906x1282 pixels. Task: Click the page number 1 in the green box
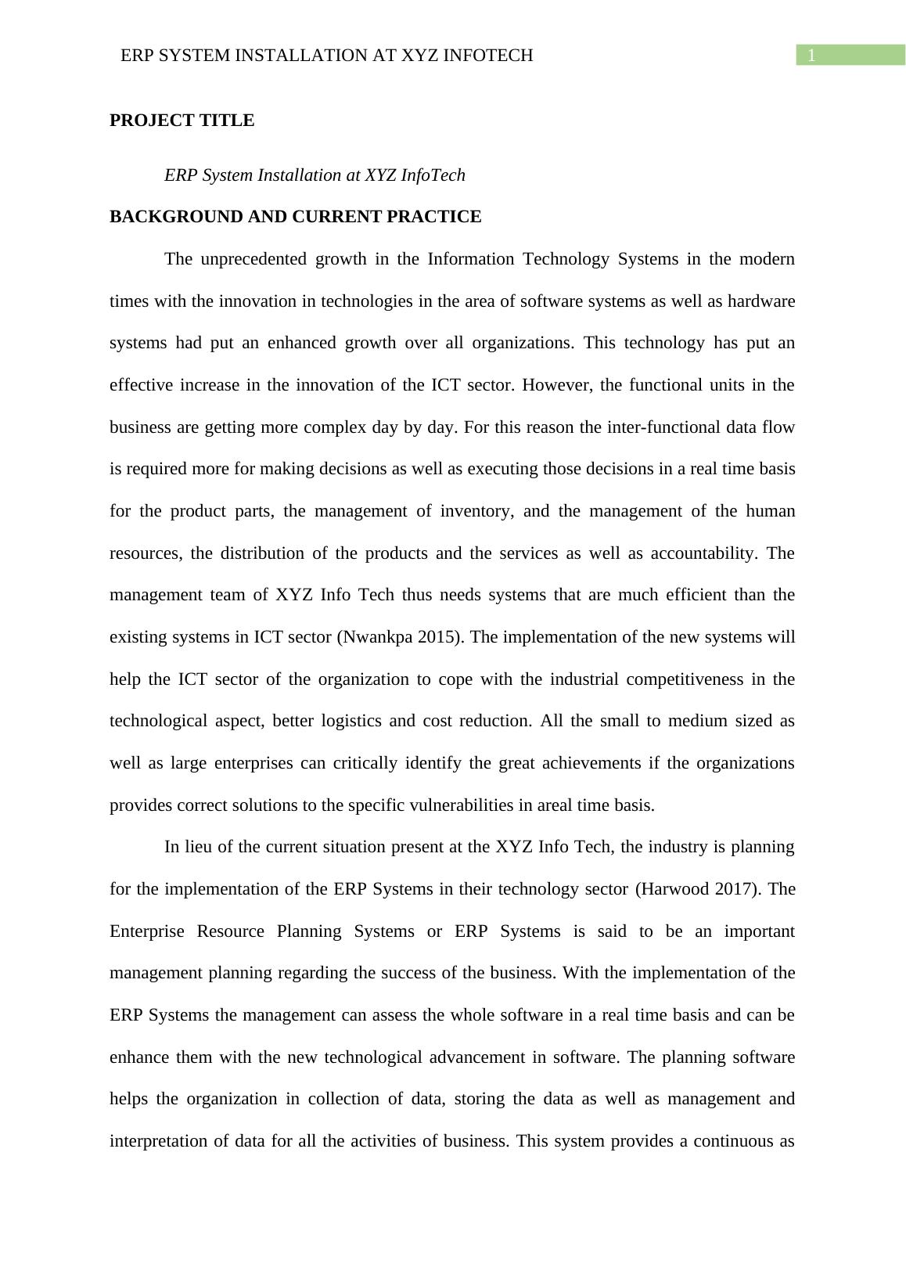(x=812, y=56)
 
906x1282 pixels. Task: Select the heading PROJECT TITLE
(x=182, y=121)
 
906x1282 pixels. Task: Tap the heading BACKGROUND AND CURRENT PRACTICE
(x=295, y=217)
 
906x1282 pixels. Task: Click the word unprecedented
(x=253, y=259)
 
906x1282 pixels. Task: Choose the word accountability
(x=708, y=553)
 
